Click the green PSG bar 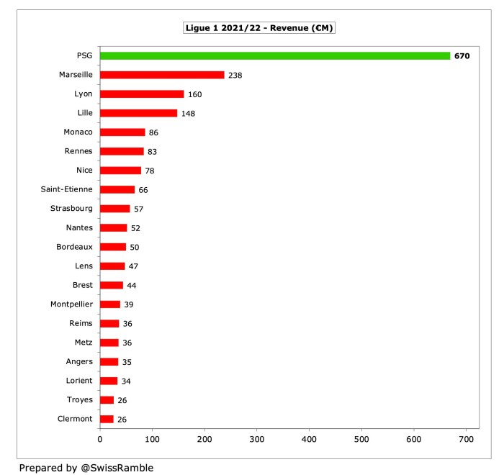coord(274,55)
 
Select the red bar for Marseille coord(162,75)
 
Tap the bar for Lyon coord(142,94)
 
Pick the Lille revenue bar coord(138,113)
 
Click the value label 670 coord(462,55)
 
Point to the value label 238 coord(235,75)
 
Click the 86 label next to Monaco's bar coord(153,132)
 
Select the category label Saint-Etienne coord(67,189)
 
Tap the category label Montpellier coord(71,304)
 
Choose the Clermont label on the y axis coord(74,419)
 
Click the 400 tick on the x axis coord(309,438)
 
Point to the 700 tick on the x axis coord(466,438)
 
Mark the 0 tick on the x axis coord(99,438)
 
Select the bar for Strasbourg coord(114,209)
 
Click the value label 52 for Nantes coord(135,228)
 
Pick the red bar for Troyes coord(107,400)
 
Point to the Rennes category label coord(76,151)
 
